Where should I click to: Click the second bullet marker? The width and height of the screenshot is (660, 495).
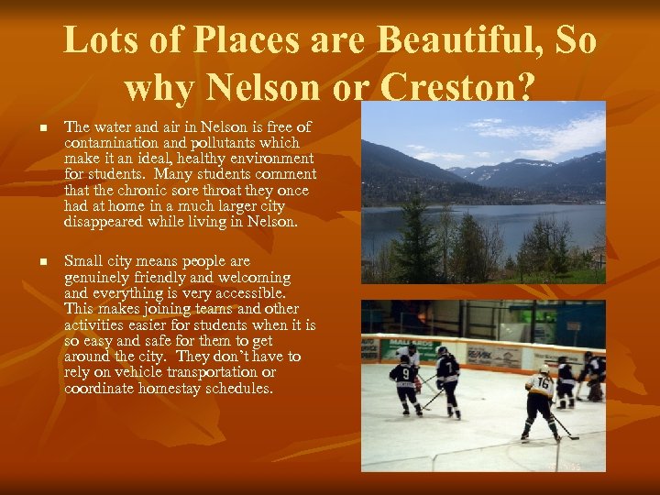click(x=34, y=262)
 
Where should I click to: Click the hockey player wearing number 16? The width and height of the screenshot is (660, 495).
click(x=540, y=399)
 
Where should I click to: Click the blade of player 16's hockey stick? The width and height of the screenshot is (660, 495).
click(x=574, y=436)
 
